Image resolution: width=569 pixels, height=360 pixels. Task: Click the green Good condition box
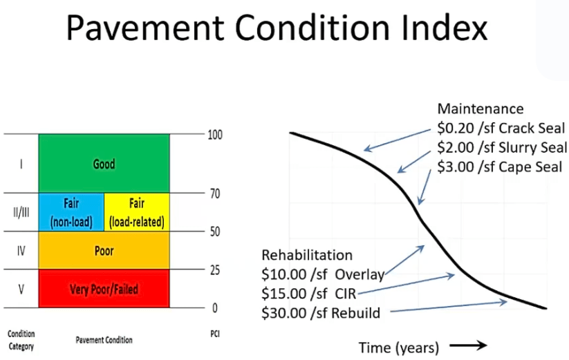104,163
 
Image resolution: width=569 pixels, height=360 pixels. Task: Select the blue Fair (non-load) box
71,212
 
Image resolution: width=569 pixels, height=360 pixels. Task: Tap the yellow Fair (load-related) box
137,212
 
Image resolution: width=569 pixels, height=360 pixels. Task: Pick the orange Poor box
104,250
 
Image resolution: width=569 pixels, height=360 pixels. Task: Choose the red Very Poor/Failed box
104,289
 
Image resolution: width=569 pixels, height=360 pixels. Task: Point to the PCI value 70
215,193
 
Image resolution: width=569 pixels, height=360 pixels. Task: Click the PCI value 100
215,135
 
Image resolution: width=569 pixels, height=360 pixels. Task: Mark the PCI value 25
215,270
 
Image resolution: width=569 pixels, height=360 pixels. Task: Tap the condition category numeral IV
21,251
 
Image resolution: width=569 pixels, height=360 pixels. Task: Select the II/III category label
21,212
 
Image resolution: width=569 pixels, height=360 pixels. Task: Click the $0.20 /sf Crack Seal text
501,128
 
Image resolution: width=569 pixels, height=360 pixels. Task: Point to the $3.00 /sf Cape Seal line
499,167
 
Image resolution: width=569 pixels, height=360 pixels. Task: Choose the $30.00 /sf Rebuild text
321,313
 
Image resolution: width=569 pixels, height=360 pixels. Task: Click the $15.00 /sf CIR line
309,293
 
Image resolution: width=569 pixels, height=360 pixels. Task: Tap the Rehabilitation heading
307,255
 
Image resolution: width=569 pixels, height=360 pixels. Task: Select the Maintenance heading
481,108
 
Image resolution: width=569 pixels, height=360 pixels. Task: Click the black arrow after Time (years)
468,345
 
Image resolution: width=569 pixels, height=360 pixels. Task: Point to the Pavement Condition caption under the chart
104,340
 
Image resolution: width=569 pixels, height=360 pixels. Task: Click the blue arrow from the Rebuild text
449,306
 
